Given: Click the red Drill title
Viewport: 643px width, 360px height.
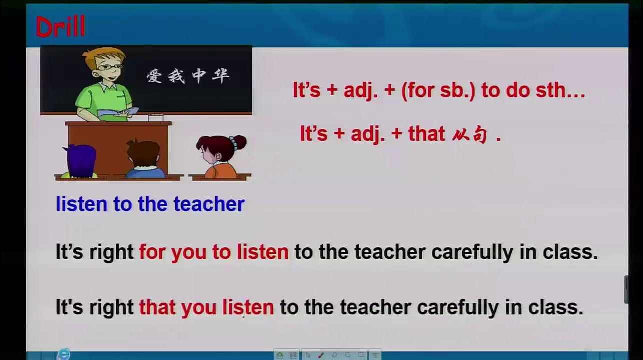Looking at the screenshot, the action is pyautogui.click(x=61, y=26).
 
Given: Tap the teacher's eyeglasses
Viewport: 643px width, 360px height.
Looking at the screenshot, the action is pyautogui.click(x=110, y=67).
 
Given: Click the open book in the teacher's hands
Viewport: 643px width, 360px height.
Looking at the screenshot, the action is pyautogui.click(x=118, y=112).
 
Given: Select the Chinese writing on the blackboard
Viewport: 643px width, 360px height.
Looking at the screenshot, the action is pyautogui.click(x=188, y=76).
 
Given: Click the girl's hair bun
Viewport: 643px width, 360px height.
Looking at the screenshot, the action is pyautogui.click(x=239, y=142).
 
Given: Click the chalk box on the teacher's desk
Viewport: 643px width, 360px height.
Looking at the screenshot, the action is pyautogui.click(x=156, y=117).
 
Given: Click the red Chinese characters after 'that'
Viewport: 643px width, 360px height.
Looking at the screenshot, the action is pyautogui.click(x=470, y=135).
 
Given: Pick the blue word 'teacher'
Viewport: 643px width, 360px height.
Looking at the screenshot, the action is pyautogui.click(x=209, y=204).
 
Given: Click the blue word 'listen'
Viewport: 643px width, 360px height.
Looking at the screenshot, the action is pyautogui.click(x=82, y=204).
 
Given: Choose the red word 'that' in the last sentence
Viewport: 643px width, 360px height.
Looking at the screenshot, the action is pyautogui.click(x=157, y=307).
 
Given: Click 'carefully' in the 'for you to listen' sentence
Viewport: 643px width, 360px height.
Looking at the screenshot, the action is pyautogui.click(x=472, y=253).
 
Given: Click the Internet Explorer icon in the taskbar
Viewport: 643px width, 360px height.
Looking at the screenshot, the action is pyautogui.click(x=63, y=354).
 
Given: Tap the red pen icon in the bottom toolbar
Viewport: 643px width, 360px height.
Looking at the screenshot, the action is pyautogui.click(x=321, y=355).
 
